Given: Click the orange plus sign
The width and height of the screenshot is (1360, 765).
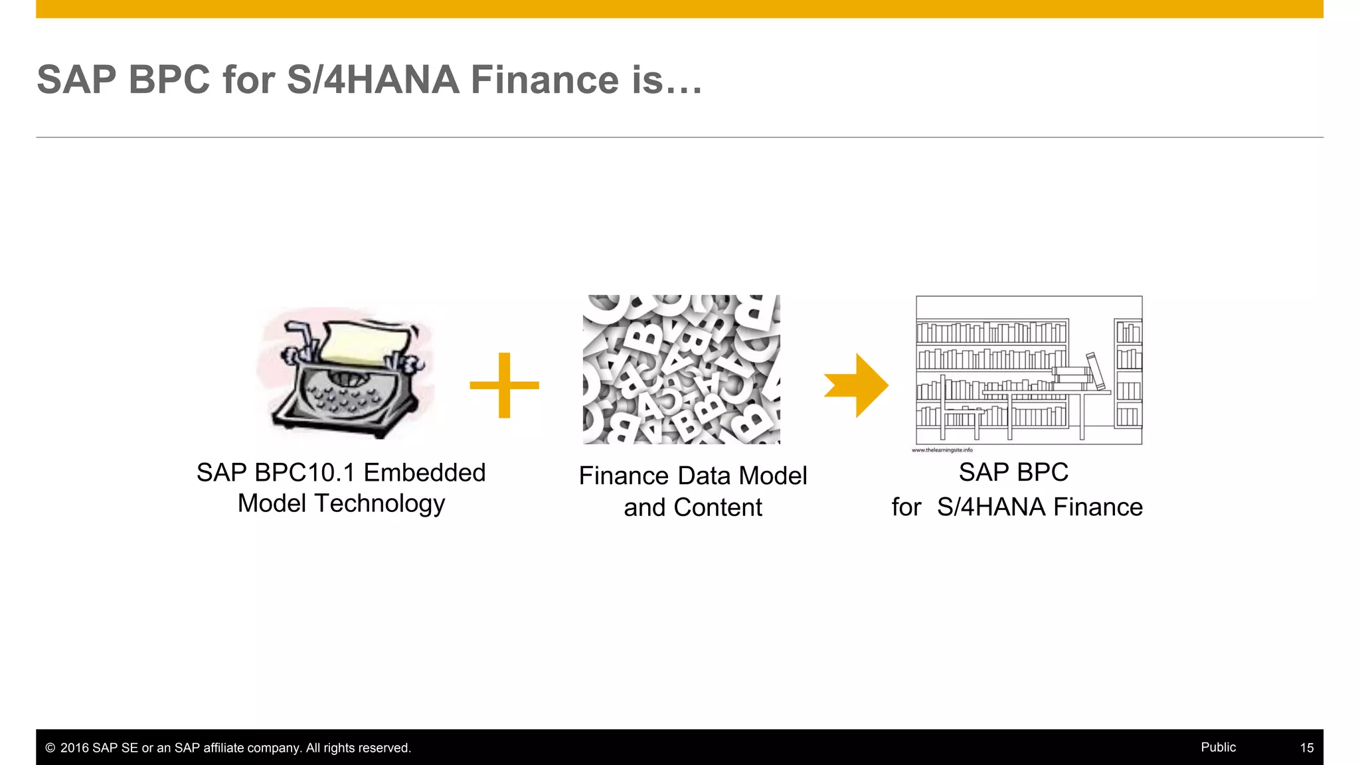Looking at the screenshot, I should (504, 385).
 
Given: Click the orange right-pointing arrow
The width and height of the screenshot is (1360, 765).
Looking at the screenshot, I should (857, 385).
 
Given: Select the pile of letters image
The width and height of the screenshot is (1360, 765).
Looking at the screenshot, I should (681, 369).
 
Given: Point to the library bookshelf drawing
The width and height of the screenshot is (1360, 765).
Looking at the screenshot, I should (1029, 370).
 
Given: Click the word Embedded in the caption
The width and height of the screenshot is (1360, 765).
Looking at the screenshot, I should (424, 473).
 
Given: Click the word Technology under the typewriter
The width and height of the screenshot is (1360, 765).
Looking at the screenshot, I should (379, 504).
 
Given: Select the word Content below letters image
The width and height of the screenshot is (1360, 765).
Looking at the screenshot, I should (718, 508).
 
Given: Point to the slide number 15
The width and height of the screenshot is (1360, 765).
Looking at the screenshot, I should (1306, 748).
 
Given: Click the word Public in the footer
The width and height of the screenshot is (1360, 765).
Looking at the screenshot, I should (1218, 747).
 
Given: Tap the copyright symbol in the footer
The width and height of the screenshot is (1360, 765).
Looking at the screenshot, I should (50, 748).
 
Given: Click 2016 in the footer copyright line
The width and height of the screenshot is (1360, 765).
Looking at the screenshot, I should (74, 748).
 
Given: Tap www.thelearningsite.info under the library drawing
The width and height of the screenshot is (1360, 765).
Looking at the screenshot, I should (942, 450).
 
